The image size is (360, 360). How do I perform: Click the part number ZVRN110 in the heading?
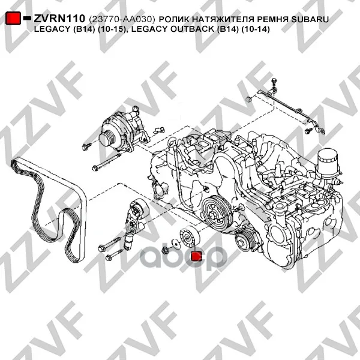point(59,19)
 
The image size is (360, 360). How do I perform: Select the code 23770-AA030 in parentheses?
point(122,20)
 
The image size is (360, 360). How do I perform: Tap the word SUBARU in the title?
point(310,19)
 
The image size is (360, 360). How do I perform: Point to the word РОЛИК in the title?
point(174,19)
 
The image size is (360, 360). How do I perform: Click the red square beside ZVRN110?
point(13,18)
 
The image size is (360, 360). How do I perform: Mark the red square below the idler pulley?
point(197,256)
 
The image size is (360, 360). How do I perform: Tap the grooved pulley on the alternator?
point(107,138)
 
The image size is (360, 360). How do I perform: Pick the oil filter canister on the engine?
point(327,163)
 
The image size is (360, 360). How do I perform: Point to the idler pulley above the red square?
point(190,236)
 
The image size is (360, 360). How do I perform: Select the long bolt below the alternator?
point(107,163)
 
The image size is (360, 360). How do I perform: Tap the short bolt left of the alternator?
point(86,146)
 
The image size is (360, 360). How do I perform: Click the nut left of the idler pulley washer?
point(165,250)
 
